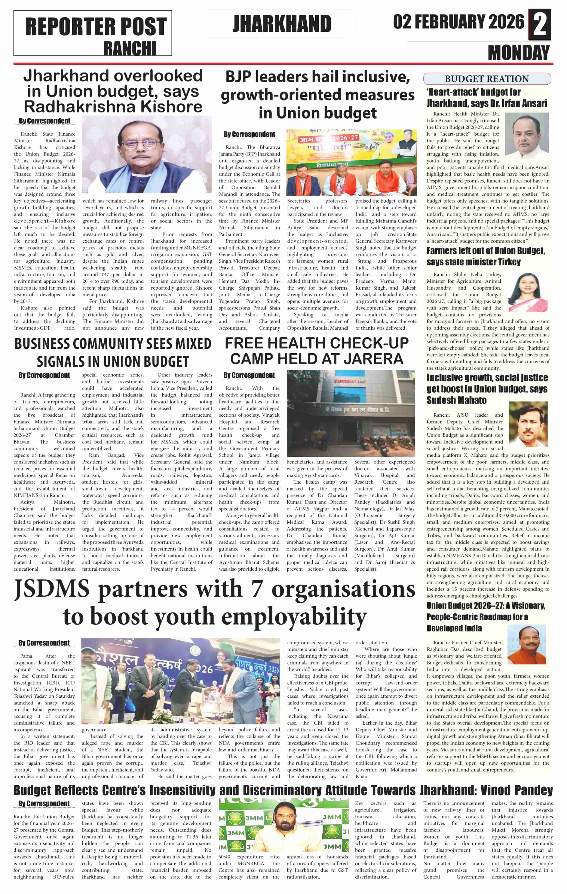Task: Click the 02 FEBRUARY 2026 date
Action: click(x=459, y=22)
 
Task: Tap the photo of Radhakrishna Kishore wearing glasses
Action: click(x=147, y=154)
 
